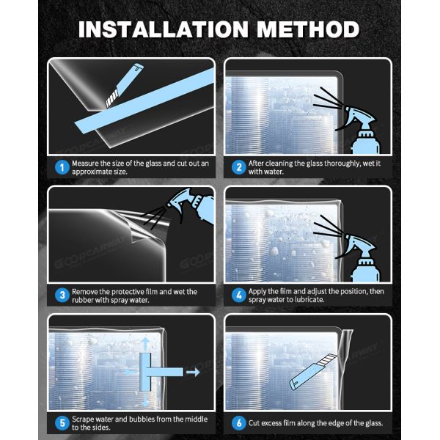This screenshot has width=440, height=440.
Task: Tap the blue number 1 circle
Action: (62, 167)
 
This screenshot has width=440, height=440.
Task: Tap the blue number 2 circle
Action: (238, 167)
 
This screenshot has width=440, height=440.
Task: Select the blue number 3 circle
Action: (62, 295)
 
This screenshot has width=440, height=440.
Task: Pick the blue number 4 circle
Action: (238, 295)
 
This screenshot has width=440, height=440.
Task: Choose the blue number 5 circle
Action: (62, 422)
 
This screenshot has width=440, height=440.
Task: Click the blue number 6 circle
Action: (238, 422)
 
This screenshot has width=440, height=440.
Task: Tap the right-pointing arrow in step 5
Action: (192, 372)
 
